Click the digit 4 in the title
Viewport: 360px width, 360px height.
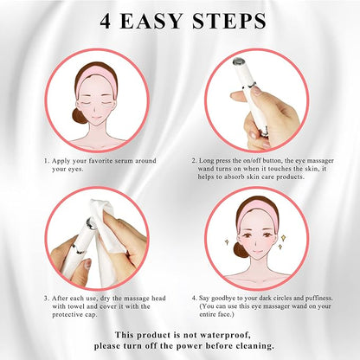point(106,21)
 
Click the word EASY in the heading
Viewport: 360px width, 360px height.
point(151,21)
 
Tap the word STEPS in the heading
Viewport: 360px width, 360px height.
point(229,21)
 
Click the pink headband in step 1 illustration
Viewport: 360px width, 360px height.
point(96,80)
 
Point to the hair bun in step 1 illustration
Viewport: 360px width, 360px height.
point(79,116)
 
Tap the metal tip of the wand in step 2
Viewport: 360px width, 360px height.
point(239,61)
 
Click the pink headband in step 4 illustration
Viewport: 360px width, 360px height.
point(257,214)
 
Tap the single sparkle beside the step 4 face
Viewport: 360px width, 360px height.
point(227,241)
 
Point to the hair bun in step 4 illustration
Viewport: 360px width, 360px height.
point(240,250)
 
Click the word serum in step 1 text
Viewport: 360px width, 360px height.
point(124,161)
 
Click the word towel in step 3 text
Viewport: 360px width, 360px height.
point(77,306)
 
